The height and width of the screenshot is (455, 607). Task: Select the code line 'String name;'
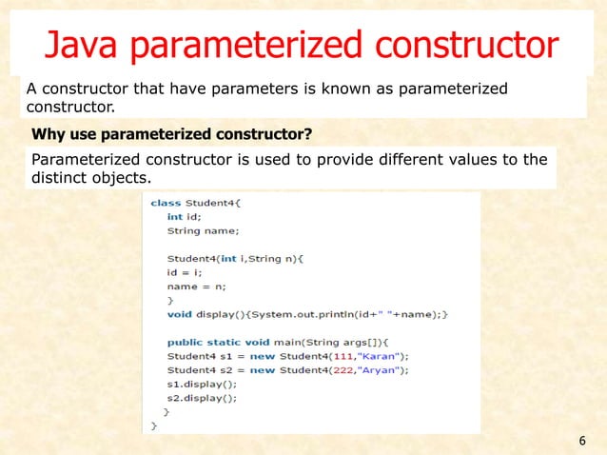[x=203, y=230]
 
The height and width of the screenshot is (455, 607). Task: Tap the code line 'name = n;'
[x=196, y=286]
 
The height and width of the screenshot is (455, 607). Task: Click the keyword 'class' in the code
[x=166, y=203]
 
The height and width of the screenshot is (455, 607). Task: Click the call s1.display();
[x=200, y=384]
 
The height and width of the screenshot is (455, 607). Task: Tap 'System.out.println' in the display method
[x=296, y=313]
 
